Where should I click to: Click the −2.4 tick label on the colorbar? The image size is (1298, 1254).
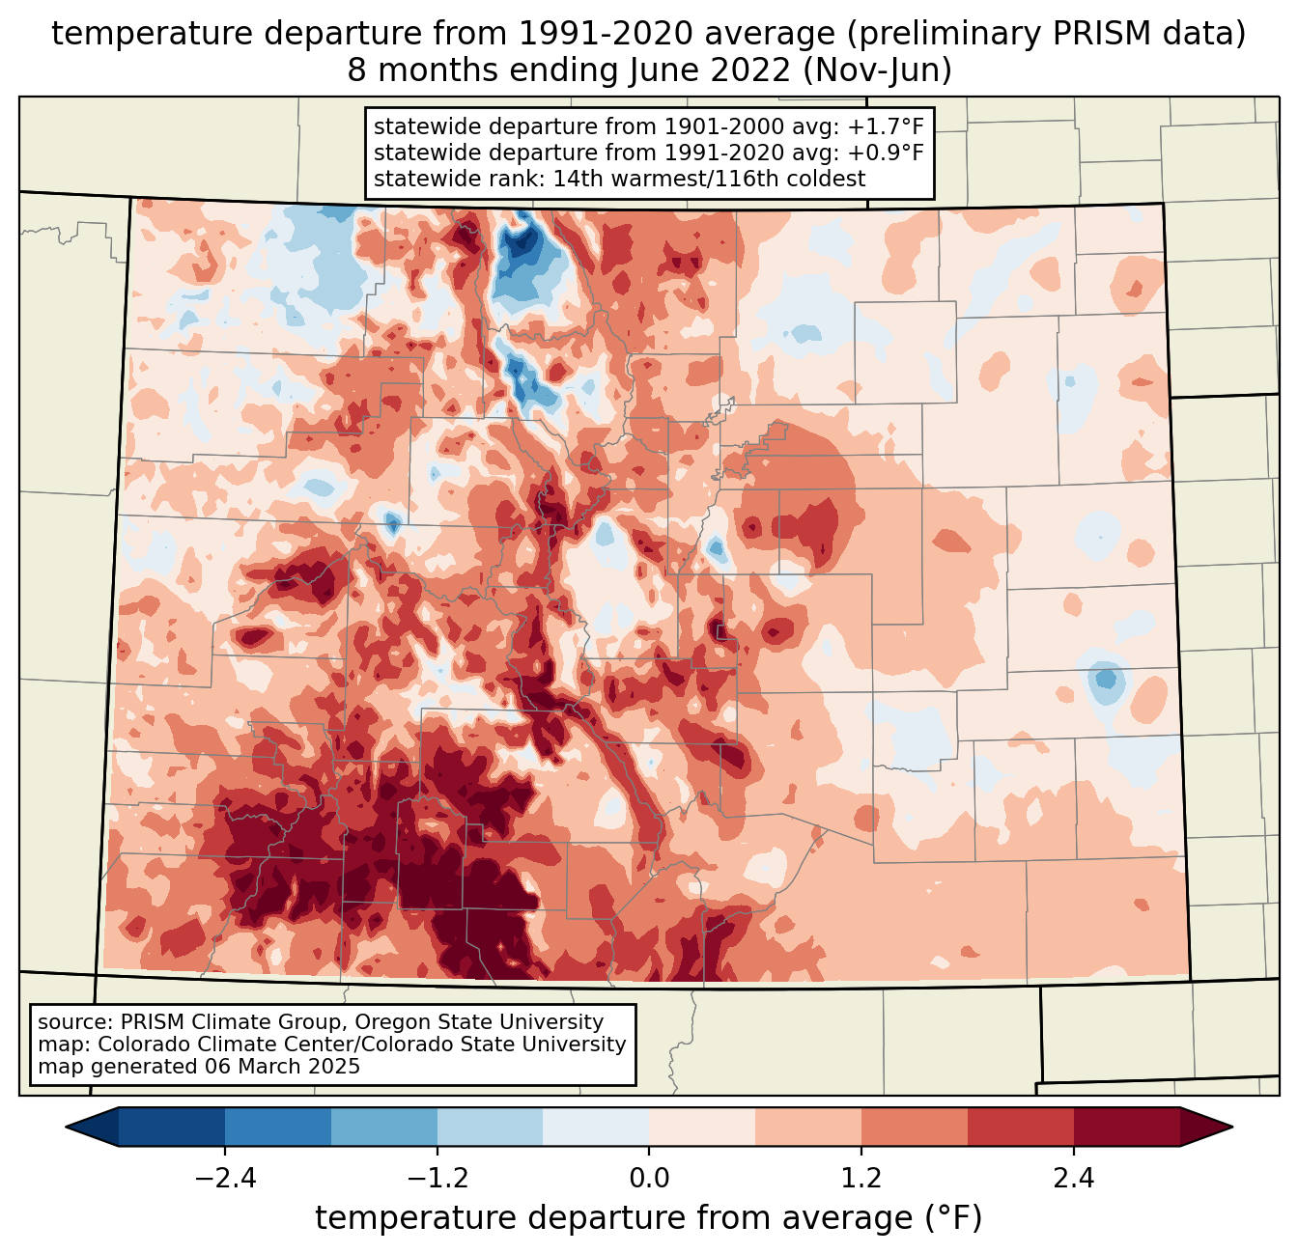[224, 1179]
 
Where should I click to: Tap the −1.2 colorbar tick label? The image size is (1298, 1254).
[437, 1179]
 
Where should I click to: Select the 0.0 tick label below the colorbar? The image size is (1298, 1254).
[649, 1179]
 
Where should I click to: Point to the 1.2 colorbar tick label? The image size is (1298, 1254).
[861, 1179]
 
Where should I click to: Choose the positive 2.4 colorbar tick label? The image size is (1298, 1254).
[1074, 1179]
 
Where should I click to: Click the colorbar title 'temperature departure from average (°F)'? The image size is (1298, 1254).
[649, 1218]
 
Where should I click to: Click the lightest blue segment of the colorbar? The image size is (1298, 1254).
[596, 1127]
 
